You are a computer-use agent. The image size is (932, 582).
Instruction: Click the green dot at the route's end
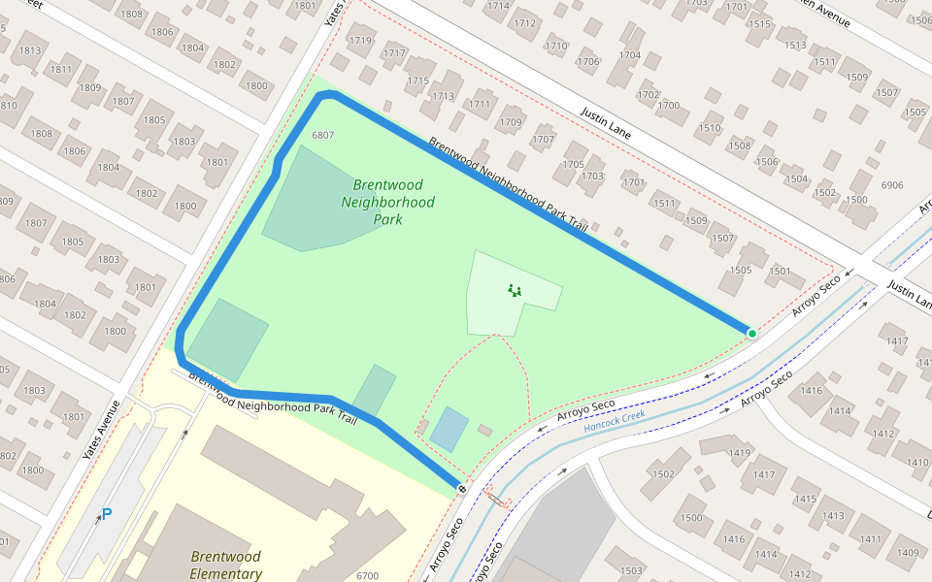(751, 334)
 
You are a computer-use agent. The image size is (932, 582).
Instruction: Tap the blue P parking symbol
(107, 514)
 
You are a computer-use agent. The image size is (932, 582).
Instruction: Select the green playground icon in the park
(514, 289)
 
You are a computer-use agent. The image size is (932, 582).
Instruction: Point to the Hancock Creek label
(615, 420)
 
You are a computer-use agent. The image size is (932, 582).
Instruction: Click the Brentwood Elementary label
(225, 565)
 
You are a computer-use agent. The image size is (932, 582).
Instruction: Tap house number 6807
(323, 135)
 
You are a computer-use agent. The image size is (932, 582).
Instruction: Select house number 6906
(891, 185)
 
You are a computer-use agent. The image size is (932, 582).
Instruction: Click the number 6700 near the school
(367, 576)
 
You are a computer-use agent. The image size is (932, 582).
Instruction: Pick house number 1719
(360, 41)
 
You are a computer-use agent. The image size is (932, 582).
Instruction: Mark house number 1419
(740, 453)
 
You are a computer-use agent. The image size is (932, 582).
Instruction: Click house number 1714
(498, 6)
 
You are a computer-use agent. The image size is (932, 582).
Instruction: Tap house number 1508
(740, 145)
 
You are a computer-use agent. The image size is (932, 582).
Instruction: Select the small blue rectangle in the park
(449, 429)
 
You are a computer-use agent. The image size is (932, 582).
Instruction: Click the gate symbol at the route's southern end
(462, 487)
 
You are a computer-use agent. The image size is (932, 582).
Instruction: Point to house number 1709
(511, 122)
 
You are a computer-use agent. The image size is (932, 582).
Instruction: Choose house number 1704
(630, 55)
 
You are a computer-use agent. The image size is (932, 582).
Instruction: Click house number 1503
(631, 570)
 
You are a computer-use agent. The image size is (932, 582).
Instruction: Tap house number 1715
(417, 81)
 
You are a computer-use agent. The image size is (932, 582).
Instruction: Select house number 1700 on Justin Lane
(669, 106)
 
